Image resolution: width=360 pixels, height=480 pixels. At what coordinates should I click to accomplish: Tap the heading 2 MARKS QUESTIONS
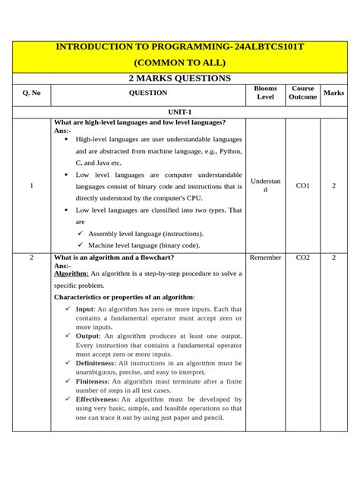[x=179, y=78]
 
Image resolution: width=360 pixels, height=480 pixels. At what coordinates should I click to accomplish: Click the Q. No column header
[x=32, y=93]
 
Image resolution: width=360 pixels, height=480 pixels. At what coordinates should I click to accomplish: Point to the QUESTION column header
[x=148, y=93]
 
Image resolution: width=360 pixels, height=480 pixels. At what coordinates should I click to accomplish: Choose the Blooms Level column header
[x=265, y=93]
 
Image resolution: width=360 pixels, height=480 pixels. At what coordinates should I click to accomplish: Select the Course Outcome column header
[x=302, y=93]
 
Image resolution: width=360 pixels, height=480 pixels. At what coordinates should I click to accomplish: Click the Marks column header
[x=333, y=93]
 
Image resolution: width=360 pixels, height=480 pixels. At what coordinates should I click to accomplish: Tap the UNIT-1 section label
[x=179, y=111]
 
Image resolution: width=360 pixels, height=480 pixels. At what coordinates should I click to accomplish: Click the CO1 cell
[x=302, y=185]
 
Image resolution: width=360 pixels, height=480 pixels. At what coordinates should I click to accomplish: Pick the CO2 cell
[x=302, y=258]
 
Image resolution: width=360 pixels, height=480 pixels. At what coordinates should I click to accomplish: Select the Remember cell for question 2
[x=265, y=258]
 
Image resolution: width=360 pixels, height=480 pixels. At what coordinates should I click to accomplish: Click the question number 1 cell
[x=32, y=185]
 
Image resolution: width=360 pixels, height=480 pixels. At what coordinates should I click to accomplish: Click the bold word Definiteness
[x=96, y=363]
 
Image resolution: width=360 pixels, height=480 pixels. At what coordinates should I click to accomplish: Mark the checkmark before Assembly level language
[x=81, y=234]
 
